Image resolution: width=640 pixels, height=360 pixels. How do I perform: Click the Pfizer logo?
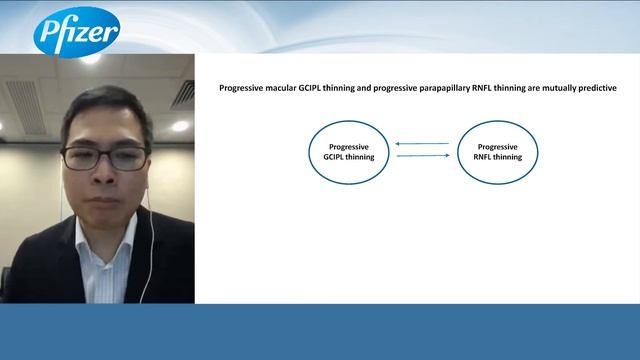click(76, 33)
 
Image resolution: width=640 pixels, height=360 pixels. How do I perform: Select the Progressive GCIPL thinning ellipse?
click(349, 151)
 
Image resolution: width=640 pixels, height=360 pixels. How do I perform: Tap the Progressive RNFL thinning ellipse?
click(497, 151)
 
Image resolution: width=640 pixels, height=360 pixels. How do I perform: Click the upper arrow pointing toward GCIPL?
click(422, 144)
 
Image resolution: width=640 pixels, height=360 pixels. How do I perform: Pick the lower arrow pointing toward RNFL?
click(422, 156)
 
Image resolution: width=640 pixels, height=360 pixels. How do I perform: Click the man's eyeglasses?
click(104, 157)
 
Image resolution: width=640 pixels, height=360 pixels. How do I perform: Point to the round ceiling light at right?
click(179, 126)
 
